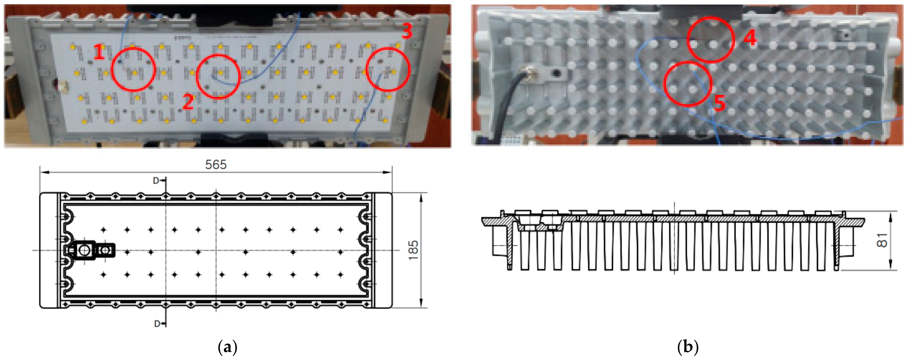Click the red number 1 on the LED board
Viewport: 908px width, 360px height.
99,52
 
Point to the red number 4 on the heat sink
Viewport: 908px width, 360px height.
750,38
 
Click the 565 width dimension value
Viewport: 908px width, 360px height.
216,165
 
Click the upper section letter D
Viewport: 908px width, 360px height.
156,181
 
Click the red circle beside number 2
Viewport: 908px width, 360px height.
218,76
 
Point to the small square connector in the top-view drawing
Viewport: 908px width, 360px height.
105,250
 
